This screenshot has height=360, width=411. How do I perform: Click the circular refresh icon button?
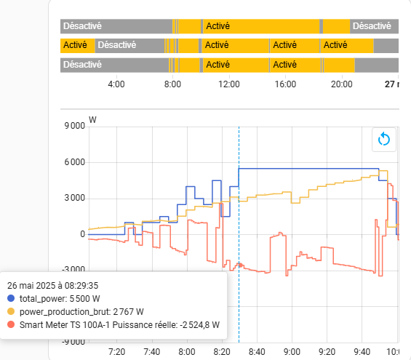click(x=384, y=140)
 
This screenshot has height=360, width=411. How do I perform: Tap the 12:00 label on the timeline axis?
click(x=229, y=84)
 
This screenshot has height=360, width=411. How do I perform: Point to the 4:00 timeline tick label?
click(x=116, y=84)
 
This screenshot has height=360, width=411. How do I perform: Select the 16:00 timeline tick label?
click(x=285, y=84)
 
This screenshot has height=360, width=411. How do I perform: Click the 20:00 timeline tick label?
click(x=342, y=84)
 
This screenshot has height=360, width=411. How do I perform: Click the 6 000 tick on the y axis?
click(x=75, y=162)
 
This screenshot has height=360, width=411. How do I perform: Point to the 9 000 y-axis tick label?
click(x=75, y=126)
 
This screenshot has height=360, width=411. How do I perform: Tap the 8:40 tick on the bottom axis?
click(x=257, y=351)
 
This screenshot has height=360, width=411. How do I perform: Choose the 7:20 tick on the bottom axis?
click(x=116, y=351)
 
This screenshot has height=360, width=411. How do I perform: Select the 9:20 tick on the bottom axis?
click(x=327, y=351)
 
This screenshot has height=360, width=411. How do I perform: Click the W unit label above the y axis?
click(x=92, y=120)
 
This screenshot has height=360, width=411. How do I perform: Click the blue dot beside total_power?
click(x=11, y=298)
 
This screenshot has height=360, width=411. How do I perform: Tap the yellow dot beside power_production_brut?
click(x=11, y=311)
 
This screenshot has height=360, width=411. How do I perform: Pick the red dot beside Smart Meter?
click(x=11, y=324)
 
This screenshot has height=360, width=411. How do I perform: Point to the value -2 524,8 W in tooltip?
click(x=199, y=325)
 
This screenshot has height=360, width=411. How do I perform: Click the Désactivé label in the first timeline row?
click(x=82, y=26)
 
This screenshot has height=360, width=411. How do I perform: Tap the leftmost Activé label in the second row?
click(x=75, y=45)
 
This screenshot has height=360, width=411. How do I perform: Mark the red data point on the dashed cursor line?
click(x=241, y=265)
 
